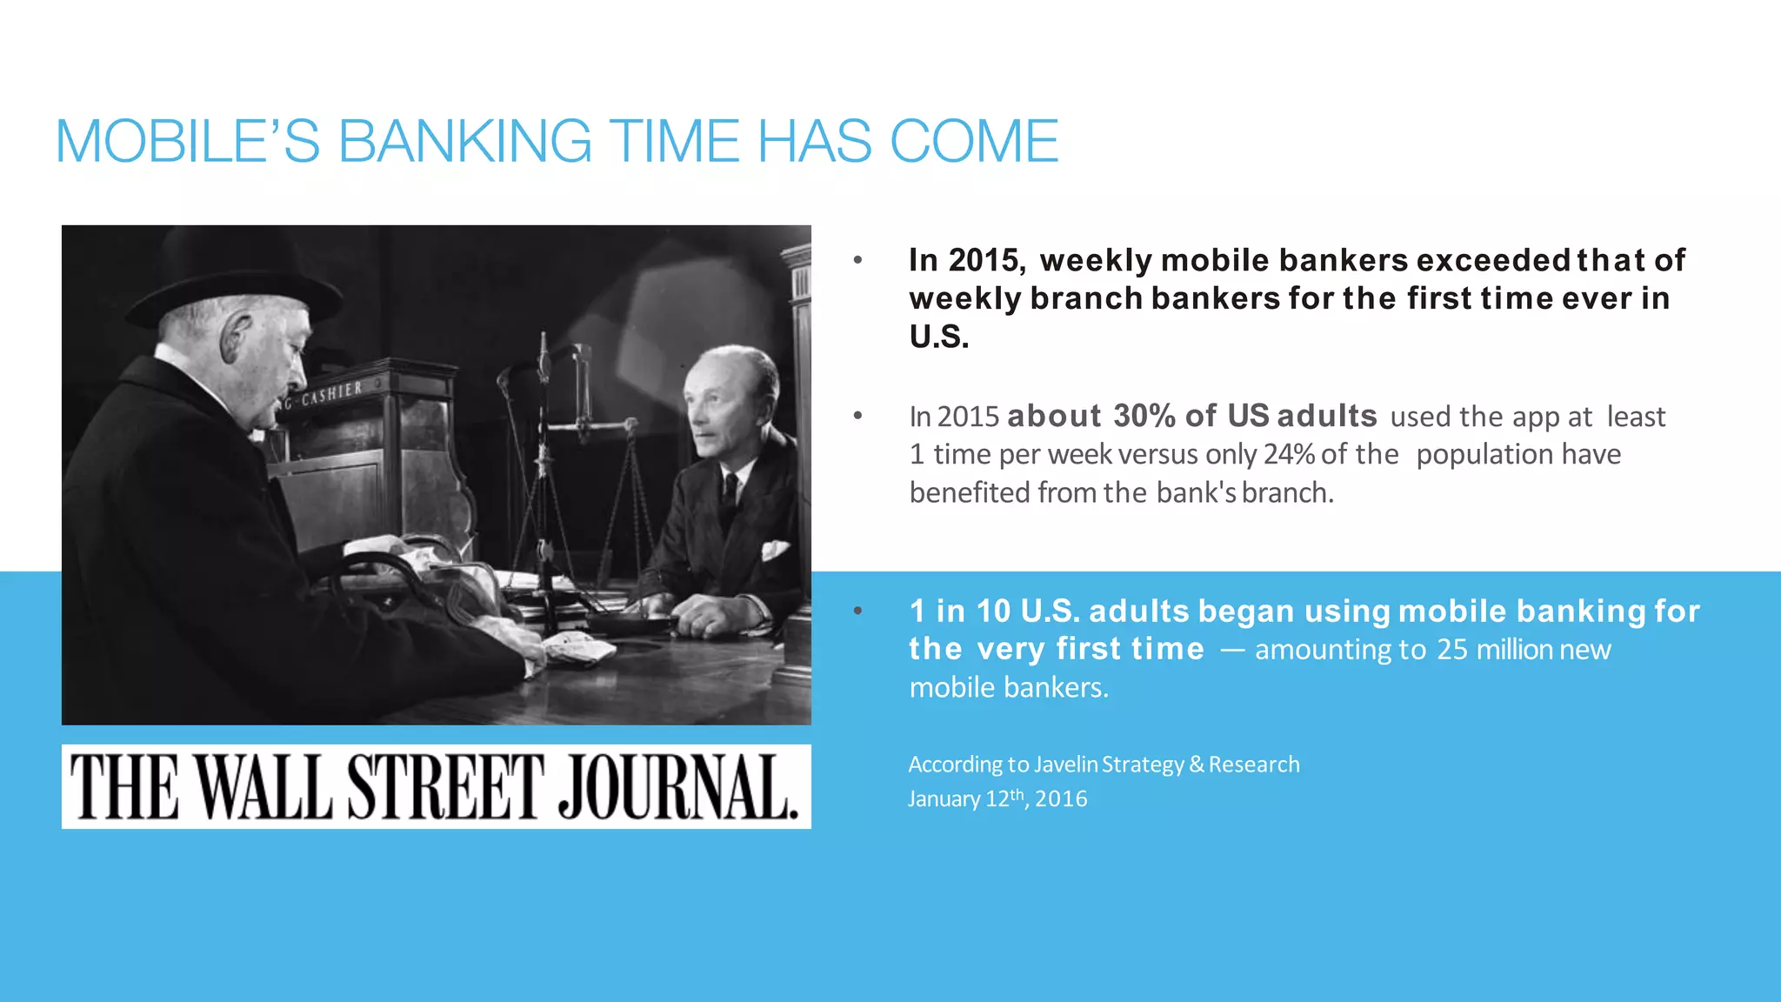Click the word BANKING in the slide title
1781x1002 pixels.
(464, 141)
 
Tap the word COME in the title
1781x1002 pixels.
(973, 141)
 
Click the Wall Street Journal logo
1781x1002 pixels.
(436, 786)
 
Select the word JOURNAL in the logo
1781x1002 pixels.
(677, 786)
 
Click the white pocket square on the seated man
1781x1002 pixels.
(774, 550)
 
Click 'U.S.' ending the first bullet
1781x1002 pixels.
(938, 337)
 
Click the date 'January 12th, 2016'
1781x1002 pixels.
(997, 798)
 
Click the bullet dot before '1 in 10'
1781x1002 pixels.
(857, 611)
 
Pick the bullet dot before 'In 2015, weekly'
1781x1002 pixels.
(857, 260)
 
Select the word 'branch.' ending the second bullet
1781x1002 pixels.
(1287, 493)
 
